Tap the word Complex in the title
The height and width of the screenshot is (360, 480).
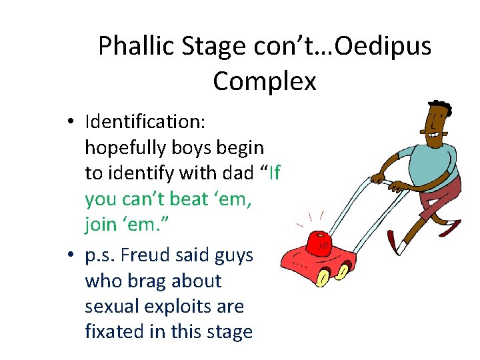265,81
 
